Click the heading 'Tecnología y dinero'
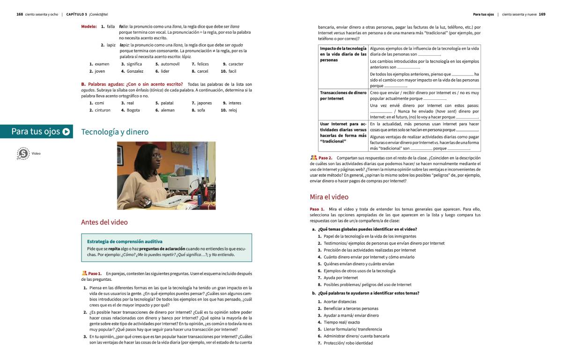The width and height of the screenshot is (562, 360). pos(115,132)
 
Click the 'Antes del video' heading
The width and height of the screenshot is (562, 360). pos(104,222)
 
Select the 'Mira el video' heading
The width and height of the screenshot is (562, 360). pos(329,197)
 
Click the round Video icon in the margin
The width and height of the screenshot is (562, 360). pos(22,154)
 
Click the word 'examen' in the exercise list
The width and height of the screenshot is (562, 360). pos(102,64)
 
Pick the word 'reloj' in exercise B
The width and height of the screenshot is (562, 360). pos(233,110)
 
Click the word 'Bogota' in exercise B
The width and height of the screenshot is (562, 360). pos(133,110)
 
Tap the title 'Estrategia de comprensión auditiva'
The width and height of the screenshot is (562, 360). pos(125,241)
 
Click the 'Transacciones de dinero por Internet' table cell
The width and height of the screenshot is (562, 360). pos(343,96)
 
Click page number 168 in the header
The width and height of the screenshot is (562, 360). pos(20,14)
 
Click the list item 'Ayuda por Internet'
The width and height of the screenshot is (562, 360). pos(340,277)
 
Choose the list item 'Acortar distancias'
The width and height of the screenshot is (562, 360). pos(340,301)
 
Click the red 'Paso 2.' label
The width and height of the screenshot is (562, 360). pos(325,158)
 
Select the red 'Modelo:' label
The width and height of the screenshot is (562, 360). pos(89,27)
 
